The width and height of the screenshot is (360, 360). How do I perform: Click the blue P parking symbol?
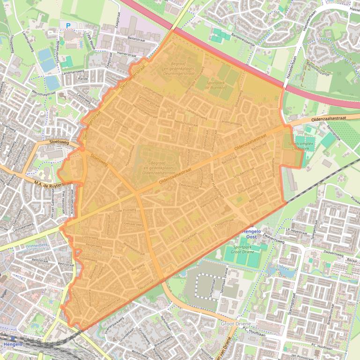[x=68, y=26]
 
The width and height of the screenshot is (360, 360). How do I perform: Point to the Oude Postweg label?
[x=125, y=210]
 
